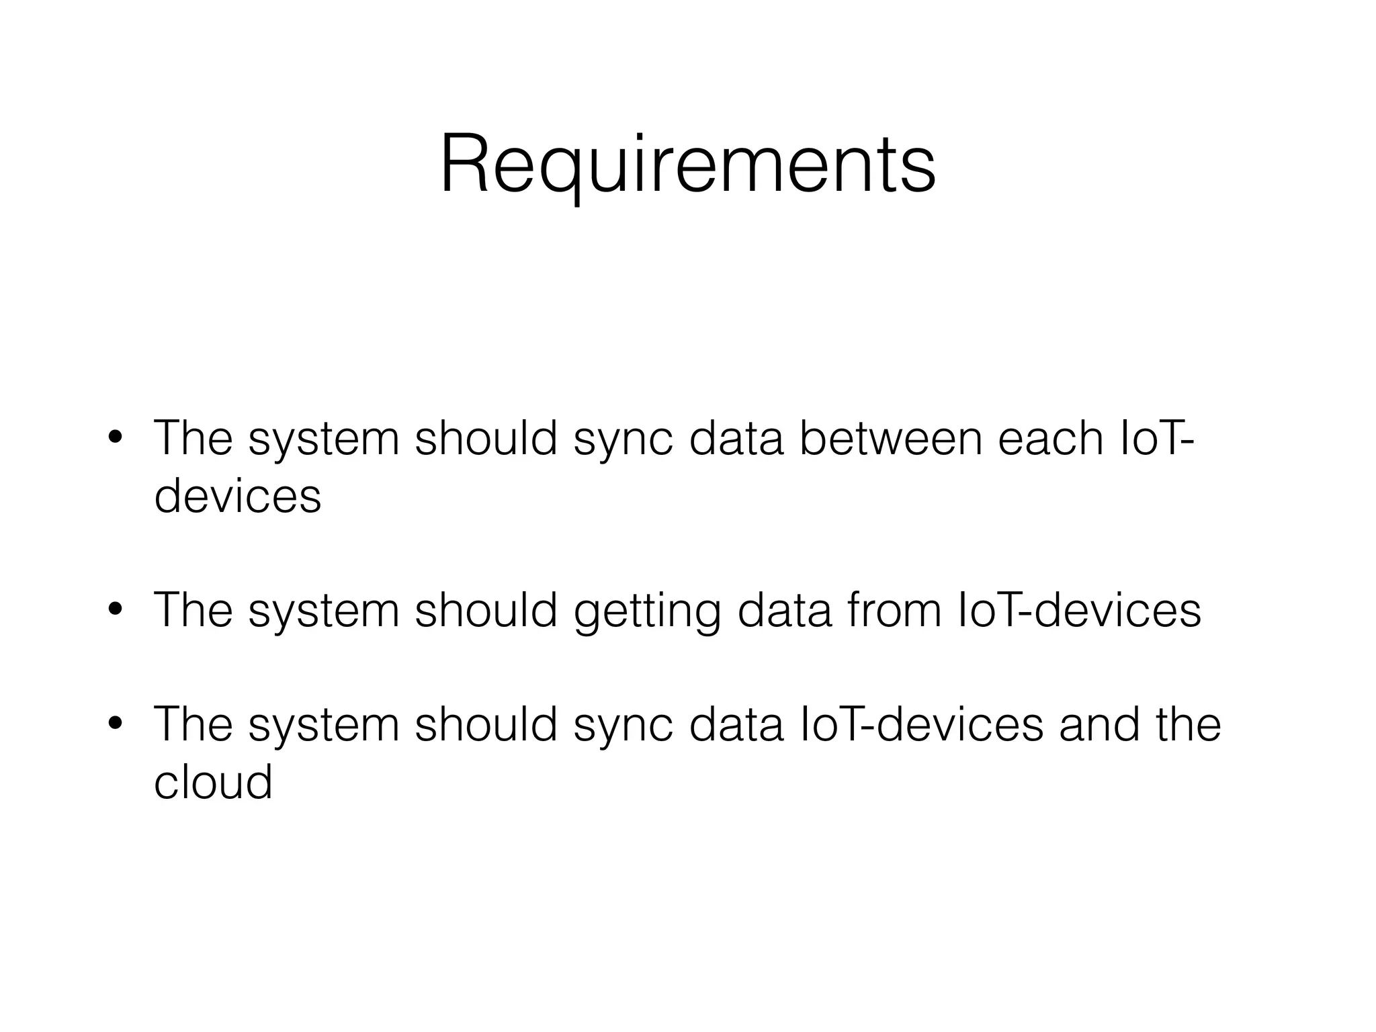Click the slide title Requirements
coord(687,165)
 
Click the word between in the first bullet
coord(891,439)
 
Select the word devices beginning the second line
coord(238,497)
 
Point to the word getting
coord(647,611)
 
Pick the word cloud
coord(213,782)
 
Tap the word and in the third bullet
coord(1099,724)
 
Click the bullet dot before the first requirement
coord(115,439)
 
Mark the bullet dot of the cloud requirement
coord(115,724)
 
